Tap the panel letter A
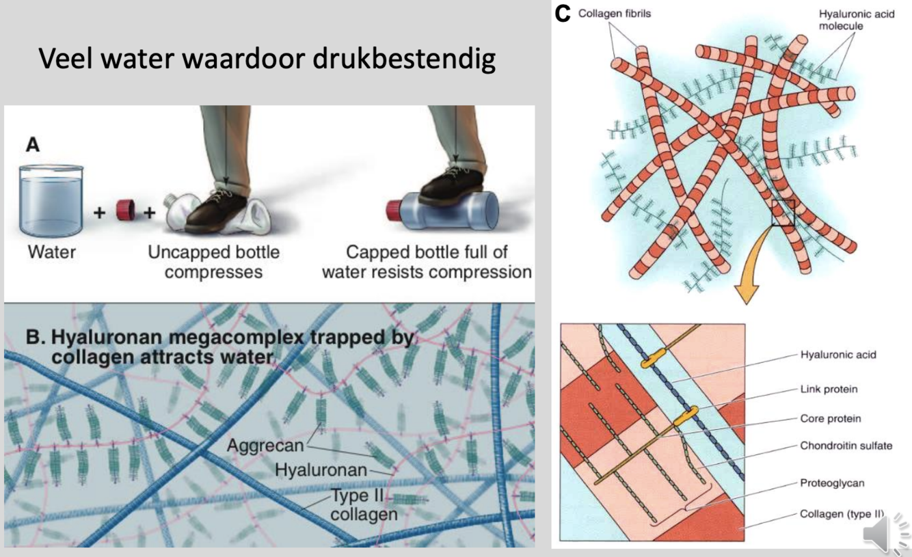click(32, 145)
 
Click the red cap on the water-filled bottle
click(397, 208)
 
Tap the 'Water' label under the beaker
click(51, 252)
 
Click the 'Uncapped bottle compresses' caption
click(213, 262)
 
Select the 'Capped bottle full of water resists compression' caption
click(427, 262)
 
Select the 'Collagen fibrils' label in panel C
click(615, 14)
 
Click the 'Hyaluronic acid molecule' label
click(856, 20)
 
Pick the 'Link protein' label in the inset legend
click(829, 389)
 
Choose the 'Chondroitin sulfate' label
click(846, 446)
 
